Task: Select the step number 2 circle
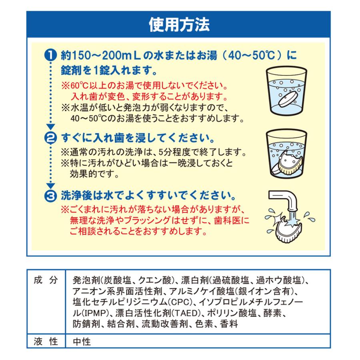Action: point(50,138)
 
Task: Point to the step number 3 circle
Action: point(50,196)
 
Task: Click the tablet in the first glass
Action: point(288,97)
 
